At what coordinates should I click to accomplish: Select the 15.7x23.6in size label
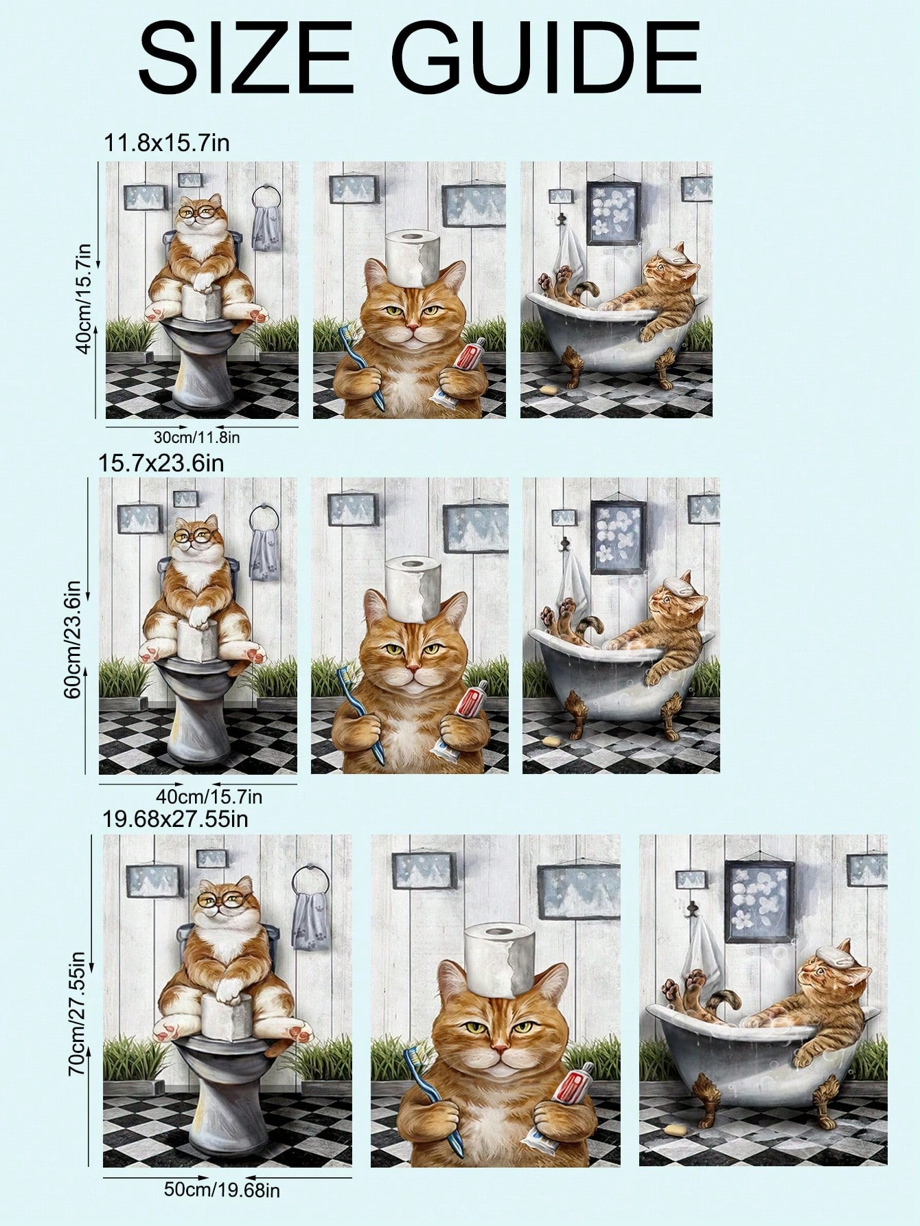[x=161, y=462]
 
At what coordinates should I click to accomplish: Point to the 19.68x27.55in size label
[x=175, y=819]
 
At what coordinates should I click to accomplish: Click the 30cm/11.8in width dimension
[x=196, y=436]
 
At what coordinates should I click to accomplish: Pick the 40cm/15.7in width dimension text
[x=209, y=797]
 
